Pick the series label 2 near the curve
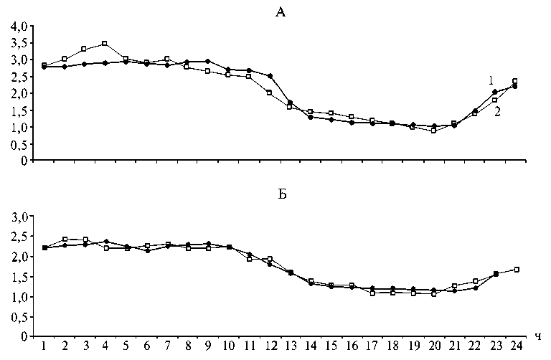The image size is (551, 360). (496, 111)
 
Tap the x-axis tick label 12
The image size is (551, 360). (270, 346)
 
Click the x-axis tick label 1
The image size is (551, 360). (44, 346)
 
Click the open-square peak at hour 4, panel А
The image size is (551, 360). (105, 44)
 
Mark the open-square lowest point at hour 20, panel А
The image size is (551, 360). (433, 131)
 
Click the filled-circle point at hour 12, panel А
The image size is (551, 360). (270, 76)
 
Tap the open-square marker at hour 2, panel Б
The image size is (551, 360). (65, 239)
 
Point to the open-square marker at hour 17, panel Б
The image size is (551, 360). (372, 293)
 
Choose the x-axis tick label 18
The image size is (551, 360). (392, 346)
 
